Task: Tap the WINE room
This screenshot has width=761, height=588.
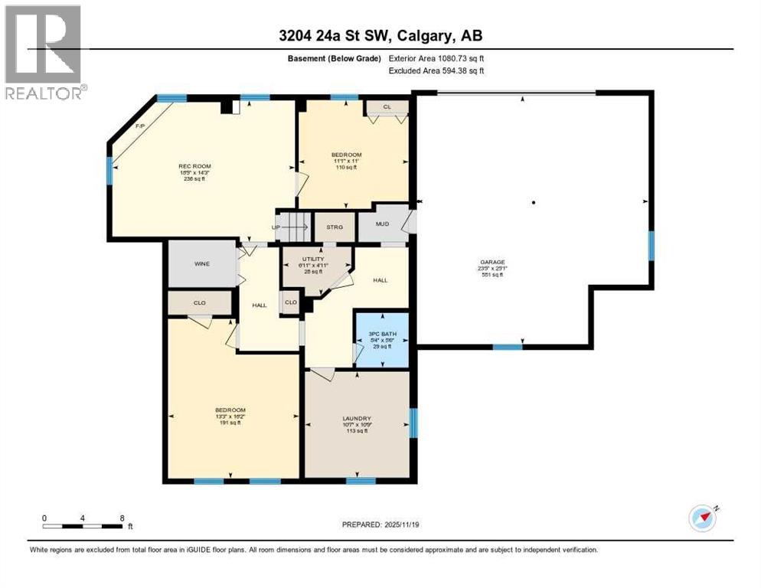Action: coord(202,264)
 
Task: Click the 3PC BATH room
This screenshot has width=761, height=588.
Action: coord(380,338)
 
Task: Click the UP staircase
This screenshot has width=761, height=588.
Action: coord(292,227)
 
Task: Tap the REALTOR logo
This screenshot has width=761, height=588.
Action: coord(44,53)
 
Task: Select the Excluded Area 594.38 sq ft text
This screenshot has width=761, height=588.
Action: coord(436,70)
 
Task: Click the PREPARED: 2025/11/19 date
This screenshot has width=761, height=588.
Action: coord(380,524)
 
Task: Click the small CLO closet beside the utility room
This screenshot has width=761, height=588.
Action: coord(291,302)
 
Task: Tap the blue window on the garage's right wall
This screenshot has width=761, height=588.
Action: coord(651,246)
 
